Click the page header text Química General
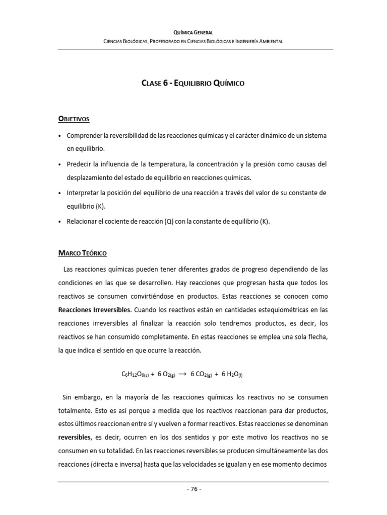tap(193, 32)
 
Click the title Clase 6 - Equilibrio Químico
tap(193, 83)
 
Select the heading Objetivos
tap(74, 119)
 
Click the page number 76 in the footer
tap(193, 489)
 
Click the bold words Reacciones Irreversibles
tap(94, 309)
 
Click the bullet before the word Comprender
tap(60, 136)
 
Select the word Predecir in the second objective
tap(79, 164)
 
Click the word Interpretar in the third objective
tap(82, 193)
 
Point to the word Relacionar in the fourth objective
tap(82, 221)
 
